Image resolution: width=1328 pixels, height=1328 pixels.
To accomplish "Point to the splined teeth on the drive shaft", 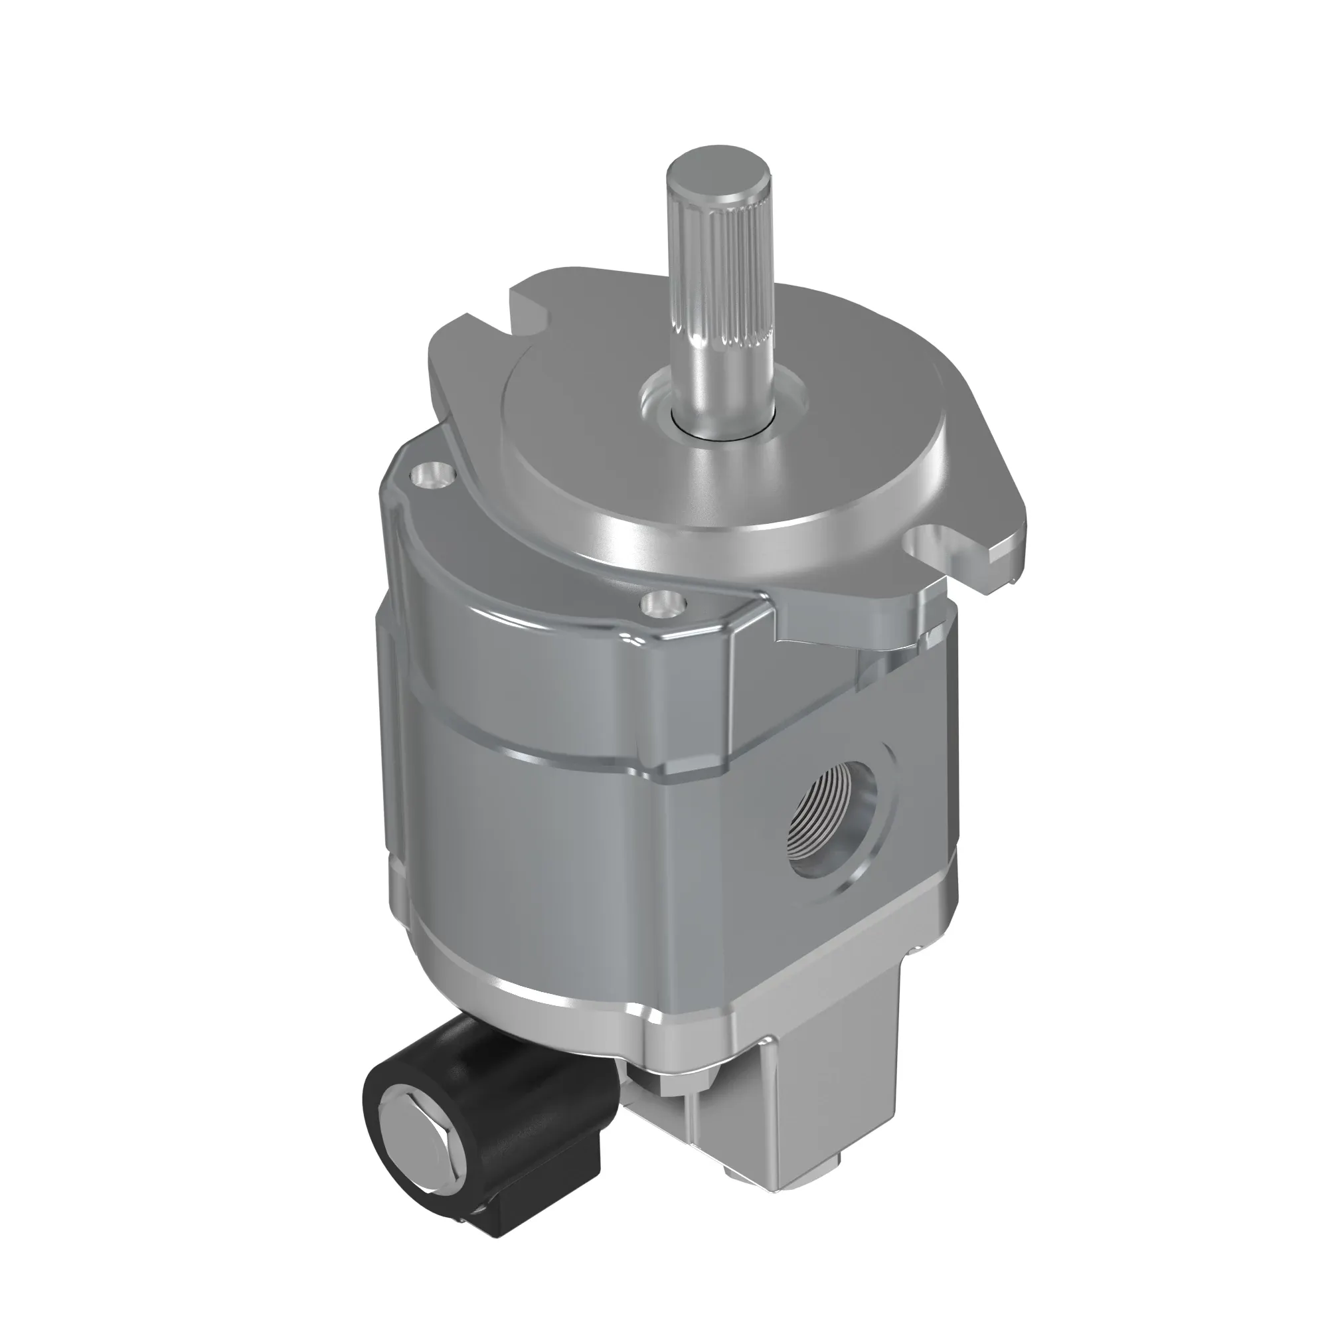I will (x=722, y=275).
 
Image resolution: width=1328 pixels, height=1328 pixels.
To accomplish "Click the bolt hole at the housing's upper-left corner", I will (x=432, y=474).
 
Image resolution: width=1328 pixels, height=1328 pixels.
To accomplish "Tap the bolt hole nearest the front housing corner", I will (x=664, y=603).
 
